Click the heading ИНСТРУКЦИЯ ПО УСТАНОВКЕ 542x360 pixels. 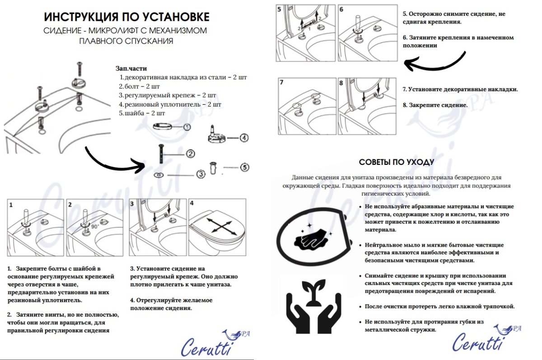[x=126, y=17]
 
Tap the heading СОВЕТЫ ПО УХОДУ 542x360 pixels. [x=397, y=162]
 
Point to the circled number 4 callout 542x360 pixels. [x=244, y=138]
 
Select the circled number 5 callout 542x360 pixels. [x=244, y=167]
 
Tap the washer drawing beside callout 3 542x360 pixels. [x=159, y=174]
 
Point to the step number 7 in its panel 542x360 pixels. [x=281, y=83]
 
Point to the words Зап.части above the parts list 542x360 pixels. [x=131, y=69]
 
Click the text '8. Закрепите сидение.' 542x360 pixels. [x=435, y=105]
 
